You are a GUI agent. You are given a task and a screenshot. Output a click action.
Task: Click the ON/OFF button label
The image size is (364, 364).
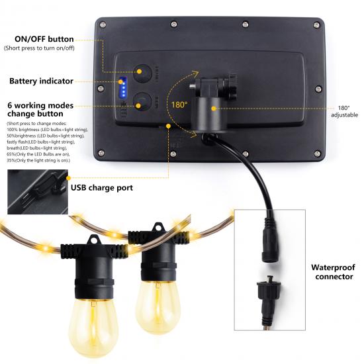(x=44, y=39)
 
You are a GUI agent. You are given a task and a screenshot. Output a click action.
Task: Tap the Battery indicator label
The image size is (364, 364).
(x=41, y=81)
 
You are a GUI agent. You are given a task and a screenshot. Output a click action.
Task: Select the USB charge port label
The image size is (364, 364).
(x=102, y=187)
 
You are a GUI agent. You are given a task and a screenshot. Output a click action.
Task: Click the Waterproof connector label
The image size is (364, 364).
(x=333, y=272)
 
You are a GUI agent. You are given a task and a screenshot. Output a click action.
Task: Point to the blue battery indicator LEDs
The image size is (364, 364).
(x=123, y=87)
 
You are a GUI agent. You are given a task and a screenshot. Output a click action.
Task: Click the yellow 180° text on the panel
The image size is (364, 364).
(x=179, y=105)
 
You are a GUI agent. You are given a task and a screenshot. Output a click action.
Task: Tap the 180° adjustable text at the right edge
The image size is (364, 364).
(x=344, y=111)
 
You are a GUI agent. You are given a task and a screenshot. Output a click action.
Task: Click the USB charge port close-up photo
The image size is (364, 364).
(x=38, y=192)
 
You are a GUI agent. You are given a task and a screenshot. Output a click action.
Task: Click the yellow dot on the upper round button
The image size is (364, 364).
(x=139, y=71)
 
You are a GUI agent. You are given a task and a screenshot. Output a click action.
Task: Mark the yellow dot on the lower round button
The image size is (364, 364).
(x=138, y=106)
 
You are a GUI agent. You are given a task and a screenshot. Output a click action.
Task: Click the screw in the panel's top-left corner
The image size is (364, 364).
(x=103, y=25)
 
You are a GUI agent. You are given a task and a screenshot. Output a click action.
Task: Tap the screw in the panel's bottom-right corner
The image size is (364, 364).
(x=317, y=154)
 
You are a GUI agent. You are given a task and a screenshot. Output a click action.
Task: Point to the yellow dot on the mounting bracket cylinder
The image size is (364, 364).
(x=214, y=109)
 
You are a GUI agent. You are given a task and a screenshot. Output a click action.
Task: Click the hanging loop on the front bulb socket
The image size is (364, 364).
(x=93, y=240)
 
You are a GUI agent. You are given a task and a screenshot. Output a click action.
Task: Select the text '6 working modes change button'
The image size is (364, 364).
(x=40, y=110)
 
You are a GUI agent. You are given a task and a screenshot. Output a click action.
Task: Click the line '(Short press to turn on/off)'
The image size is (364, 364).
(x=39, y=48)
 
